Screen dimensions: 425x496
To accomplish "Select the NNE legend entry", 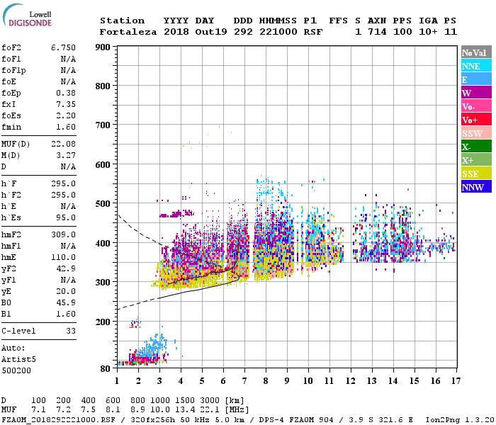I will pos(471,66).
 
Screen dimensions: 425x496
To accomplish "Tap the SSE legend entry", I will pos(471,174).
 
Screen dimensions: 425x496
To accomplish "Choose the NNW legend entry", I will pos(473,187).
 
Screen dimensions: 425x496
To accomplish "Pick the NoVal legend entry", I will pos(474,52).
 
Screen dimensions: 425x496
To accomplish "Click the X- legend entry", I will pos(466,147).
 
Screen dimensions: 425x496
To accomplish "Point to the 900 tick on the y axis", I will pos(103,47).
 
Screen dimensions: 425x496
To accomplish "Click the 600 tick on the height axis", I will pos(103,165).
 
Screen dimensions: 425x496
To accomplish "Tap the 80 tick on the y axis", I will pos(106,368).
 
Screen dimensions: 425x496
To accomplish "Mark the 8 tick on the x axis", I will pos(266,380).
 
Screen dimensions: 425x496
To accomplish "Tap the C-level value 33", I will pos(70,331).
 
